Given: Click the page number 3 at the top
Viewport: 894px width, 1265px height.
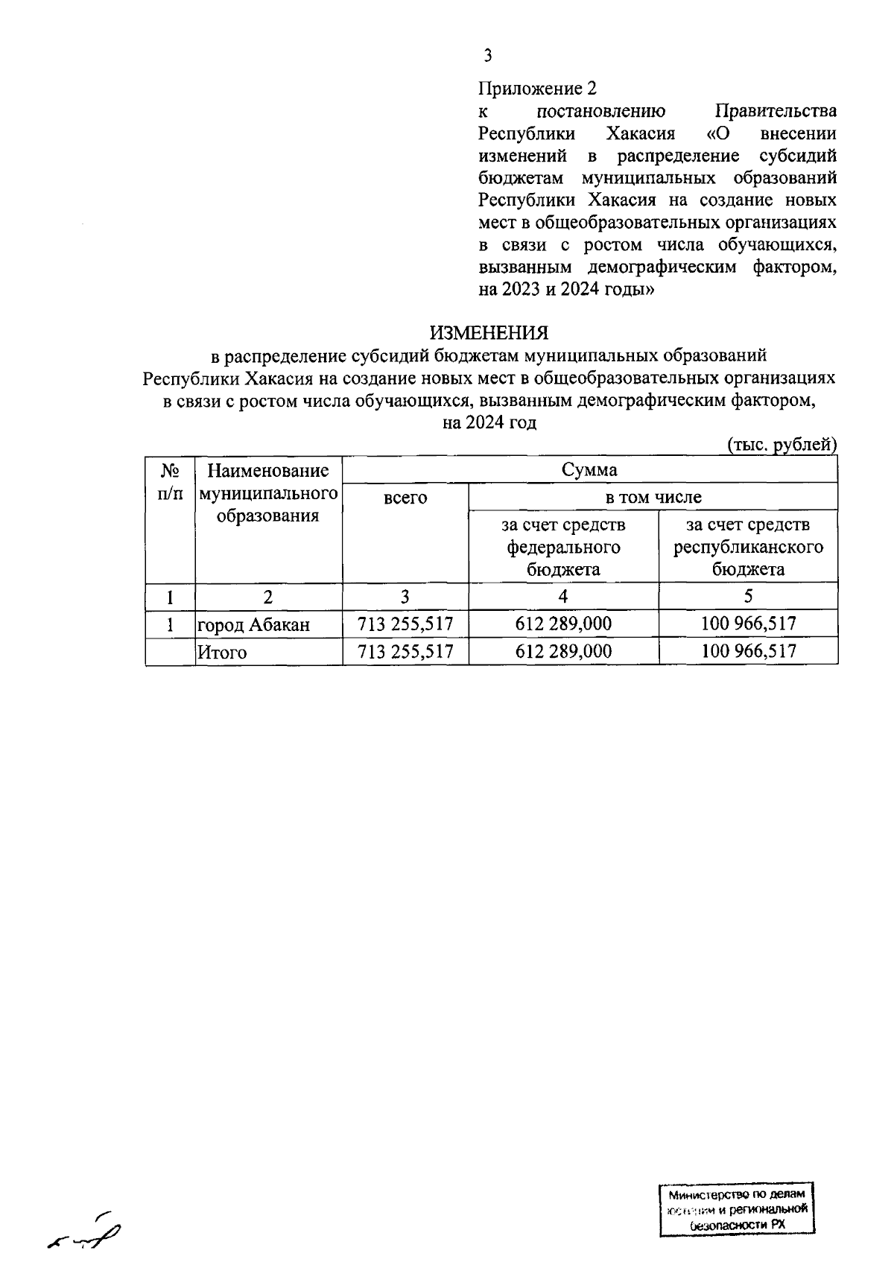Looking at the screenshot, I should [x=487, y=55].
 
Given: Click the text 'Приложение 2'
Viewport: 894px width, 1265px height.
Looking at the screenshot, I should [x=537, y=89].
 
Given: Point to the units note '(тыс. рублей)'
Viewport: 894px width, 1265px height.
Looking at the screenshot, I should [x=782, y=445].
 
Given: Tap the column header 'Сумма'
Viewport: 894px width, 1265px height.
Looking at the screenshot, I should [x=589, y=470].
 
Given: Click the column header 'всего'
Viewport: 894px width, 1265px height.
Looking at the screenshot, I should [x=405, y=498].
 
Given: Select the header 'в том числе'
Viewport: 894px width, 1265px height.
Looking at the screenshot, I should [x=653, y=497].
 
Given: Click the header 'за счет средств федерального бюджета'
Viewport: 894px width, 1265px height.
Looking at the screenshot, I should [x=563, y=547].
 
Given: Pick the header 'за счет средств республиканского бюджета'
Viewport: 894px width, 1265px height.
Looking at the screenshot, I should [x=748, y=547].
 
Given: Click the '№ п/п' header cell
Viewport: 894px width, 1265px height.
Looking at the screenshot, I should [x=170, y=482].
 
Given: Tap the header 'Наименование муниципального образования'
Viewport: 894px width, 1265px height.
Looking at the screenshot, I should [x=268, y=493].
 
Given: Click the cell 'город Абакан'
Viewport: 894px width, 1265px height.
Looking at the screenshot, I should [x=253, y=625].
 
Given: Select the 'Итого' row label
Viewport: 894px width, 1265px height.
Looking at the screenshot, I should [x=222, y=653].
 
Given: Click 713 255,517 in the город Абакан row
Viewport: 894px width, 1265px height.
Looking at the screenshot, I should [x=405, y=624].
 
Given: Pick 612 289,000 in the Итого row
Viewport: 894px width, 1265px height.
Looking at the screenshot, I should [x=563, y=652].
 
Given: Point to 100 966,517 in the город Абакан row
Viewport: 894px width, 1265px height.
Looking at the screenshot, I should [x=748, y=624].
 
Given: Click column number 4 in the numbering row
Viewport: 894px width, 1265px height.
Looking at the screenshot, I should [x=563, y=596].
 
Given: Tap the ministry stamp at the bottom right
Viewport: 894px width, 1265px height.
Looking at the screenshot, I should [x=736, y=1209].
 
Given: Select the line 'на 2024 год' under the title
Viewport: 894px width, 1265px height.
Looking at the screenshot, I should [x=489, y=423].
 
